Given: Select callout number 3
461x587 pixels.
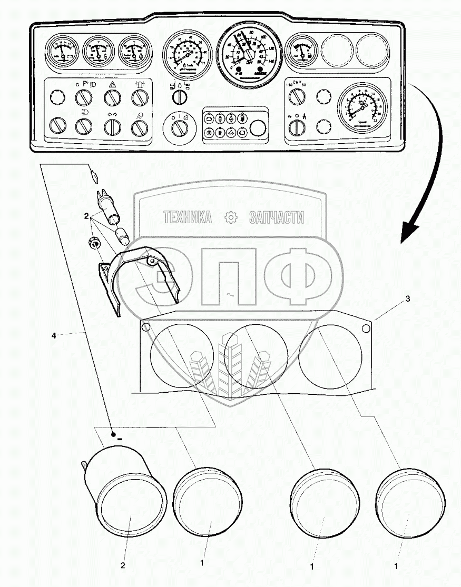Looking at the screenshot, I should click(x=407, y=299).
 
